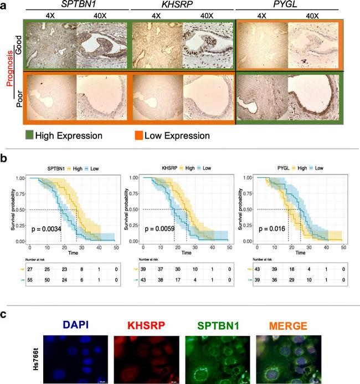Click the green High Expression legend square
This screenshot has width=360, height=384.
pos(30,135)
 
